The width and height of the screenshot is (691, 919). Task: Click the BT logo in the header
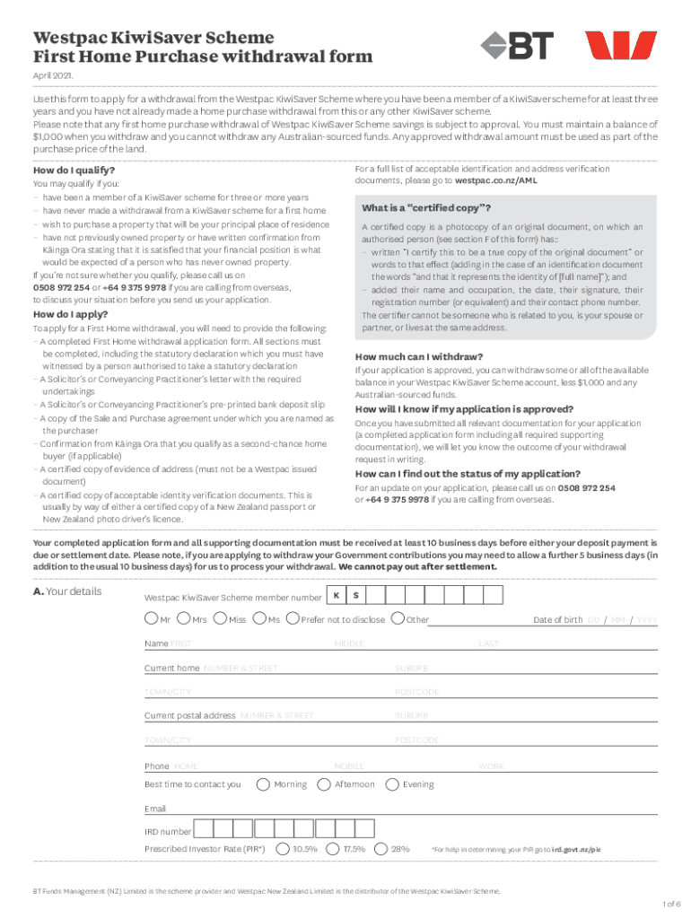517,46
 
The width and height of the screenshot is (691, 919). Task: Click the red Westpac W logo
621,46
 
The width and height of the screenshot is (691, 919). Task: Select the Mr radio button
150,618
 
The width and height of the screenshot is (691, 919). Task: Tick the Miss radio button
221,618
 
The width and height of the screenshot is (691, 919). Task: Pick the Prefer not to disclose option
292,618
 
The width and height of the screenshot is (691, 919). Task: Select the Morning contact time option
263,783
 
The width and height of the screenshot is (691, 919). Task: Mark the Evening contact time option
391,783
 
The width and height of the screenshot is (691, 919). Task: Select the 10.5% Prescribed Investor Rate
284,848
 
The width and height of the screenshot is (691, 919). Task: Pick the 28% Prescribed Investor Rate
381,848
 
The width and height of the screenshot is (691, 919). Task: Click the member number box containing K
336,596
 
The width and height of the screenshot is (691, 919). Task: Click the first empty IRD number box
204,829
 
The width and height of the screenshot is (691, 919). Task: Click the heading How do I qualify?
74,170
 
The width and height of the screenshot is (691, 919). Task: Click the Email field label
155,809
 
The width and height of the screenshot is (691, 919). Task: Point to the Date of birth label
557,619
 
